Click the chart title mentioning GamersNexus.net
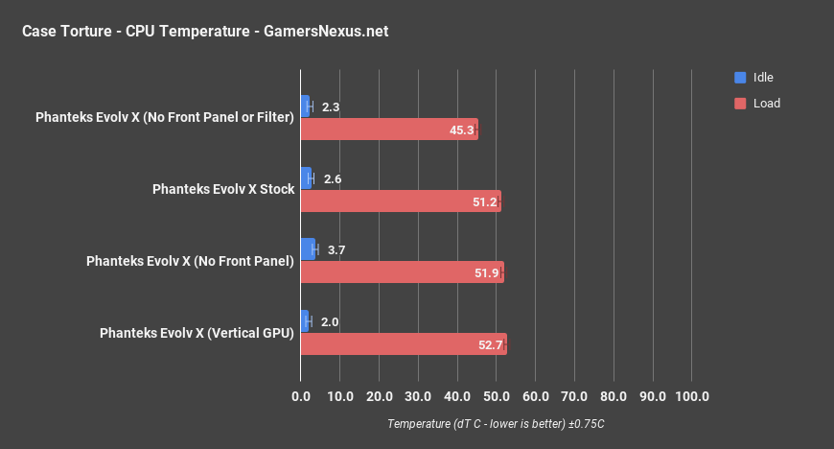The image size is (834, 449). [205, 32]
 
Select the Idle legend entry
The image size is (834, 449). [763, 78]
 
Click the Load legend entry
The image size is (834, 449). [766, 103]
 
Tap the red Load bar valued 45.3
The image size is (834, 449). [388, 130]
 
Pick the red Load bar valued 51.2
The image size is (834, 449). [400, 201]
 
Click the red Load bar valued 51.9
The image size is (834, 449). [402, 272]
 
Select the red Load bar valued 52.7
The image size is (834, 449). [403, 343]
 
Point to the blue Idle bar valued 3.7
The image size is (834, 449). [308, 249]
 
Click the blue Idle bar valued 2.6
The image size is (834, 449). [306, 178]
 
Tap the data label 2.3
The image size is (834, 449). [332, 107]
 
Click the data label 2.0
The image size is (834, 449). [331, 321]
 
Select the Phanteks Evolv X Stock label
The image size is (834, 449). [223, 189]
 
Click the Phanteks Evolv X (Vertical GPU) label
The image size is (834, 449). [197, 333]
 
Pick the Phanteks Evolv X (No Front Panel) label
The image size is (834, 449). [190, 261]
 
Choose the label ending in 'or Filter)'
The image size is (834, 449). [164, 118]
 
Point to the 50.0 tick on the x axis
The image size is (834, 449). [497, 396]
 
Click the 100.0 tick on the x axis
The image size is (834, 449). [691, 396]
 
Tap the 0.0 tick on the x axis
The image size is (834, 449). [301, 396]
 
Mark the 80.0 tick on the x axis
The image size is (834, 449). [614, 396]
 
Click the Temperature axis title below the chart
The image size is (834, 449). [496, 423]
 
